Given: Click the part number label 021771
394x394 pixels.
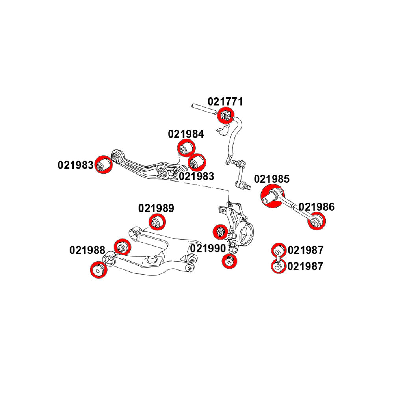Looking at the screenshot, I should (225, 102).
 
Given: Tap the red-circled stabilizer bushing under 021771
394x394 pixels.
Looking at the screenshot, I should (226, 115).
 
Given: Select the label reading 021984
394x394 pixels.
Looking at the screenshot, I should (186, 134).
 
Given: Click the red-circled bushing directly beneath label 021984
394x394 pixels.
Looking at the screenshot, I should (186, 149).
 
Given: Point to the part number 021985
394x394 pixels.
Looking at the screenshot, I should (271, 179).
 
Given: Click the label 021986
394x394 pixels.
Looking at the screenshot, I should (316, 207).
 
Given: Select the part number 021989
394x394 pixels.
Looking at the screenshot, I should (156, 208).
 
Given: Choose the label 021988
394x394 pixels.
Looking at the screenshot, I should (87, 250).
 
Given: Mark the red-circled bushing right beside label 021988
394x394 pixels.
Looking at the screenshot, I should (121, 247).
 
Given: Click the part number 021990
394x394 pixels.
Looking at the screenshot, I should (208, 249).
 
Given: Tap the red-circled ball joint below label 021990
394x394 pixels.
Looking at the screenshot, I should (229, 261).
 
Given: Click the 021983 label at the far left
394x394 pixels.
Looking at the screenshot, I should (76, 165).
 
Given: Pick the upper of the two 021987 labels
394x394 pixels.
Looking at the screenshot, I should (305, 250).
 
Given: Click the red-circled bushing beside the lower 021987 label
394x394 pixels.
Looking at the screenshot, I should (278, 267).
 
